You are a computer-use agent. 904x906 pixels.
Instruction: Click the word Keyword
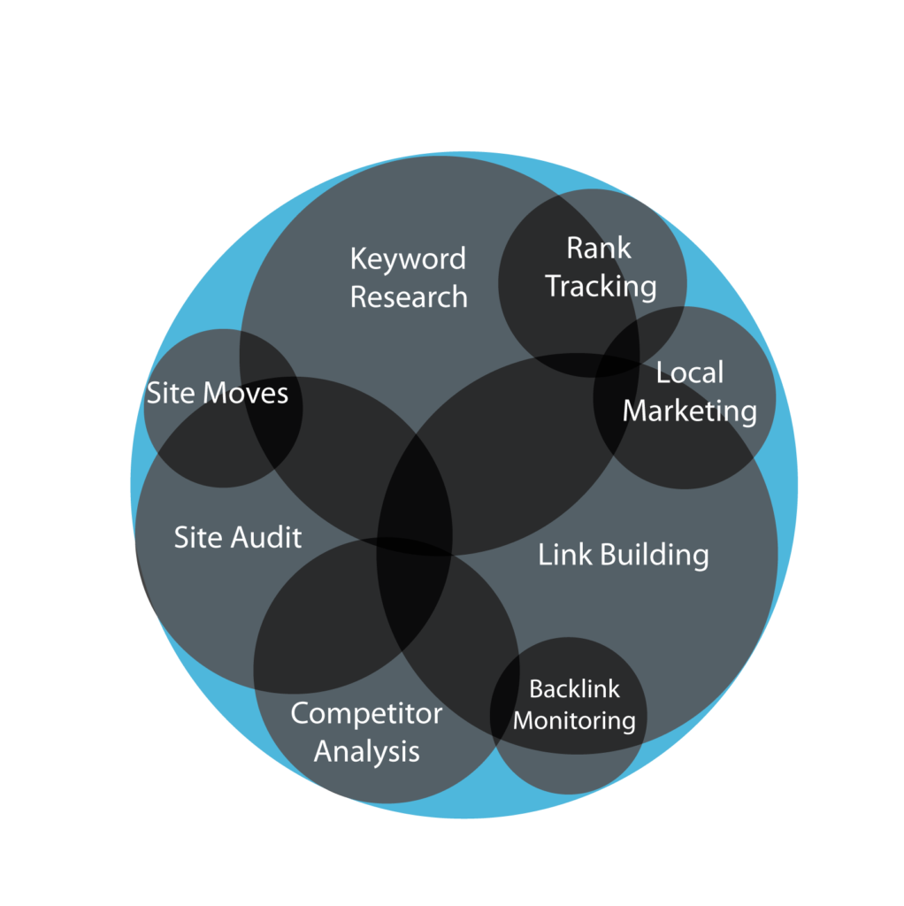point(408,259)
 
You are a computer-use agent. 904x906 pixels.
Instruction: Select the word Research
point(409,297)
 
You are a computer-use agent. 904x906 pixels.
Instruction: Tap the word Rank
point(599,249)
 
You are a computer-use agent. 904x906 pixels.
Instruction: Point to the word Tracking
point(601,287)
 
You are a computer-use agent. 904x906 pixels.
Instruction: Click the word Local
point(690,372)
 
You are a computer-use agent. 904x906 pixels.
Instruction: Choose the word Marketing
point(690,411)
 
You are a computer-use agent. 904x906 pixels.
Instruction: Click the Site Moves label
point(218,393)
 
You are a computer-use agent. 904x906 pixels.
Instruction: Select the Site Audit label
point(237,537)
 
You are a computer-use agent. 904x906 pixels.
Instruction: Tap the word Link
point(565,554)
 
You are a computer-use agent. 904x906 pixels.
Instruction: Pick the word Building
point(655,556)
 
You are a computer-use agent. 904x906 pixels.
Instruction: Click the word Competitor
point(366,714)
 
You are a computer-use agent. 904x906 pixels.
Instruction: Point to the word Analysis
point(367,752)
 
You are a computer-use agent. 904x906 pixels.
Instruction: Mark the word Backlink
point(574,688)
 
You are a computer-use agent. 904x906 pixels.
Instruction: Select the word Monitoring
point(574,721)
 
